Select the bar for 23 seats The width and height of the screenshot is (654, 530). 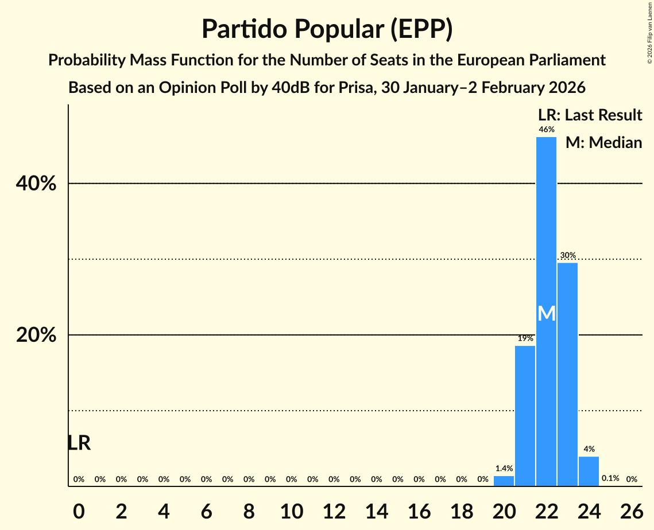click(567, 374)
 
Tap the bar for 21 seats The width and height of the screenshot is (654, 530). click(525, 415)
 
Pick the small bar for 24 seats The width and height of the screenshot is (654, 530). click(589, 471)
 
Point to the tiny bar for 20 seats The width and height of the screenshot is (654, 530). click(504, 481)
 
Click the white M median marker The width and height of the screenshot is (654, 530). click(547, 313)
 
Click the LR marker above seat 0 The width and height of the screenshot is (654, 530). click(79, 443)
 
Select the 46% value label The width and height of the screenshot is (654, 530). click(546, 130)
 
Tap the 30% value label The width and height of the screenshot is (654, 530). click(567, 255)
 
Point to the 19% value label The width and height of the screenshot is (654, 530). click(525, 338)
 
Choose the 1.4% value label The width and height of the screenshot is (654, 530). click(504, 469)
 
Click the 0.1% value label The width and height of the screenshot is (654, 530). click(610, 478)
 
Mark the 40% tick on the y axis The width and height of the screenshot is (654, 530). click(36, 184)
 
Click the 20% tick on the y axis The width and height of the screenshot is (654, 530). click(36, 336)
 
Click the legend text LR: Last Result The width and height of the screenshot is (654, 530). click(590, 115)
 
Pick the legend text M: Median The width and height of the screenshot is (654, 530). click(603, 143)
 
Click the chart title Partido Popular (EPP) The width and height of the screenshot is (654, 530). click(327, 29)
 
